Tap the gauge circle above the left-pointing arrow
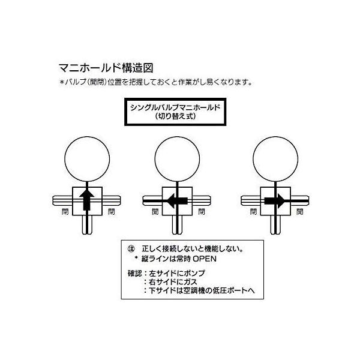click(x=176, y=158)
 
